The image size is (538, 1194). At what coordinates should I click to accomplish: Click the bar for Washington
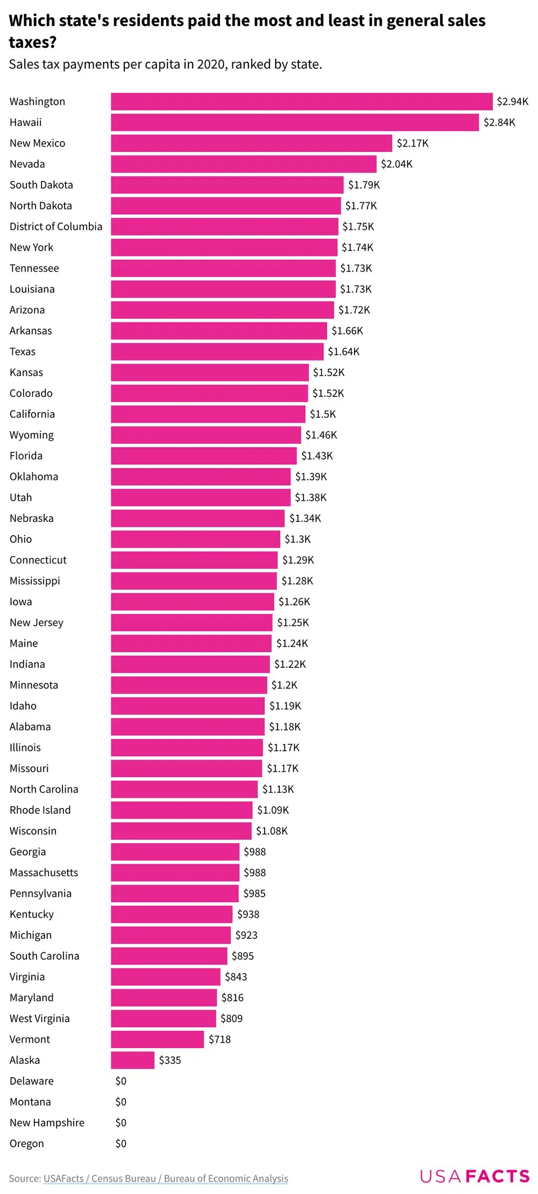click(301, 101)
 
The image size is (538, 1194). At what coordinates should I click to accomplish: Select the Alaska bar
click(132, 1060)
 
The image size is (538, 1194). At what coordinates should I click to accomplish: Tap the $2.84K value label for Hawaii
click(499, 122)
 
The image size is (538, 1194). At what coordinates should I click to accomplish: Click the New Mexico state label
click(37, 143)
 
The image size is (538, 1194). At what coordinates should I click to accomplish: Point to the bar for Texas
click(217, 352)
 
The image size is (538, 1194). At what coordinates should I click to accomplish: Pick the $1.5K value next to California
click(322, 414)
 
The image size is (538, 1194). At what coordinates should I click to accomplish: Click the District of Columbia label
click(55, 227)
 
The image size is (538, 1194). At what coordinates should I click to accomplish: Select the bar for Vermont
click(157, 1039)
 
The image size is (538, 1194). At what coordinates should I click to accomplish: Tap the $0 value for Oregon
click(121, 1143)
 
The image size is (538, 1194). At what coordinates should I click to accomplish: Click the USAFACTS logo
click(475, 1176)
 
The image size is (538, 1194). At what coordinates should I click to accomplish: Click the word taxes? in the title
click(33, 42)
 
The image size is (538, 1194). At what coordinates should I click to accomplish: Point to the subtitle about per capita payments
click(165, 65)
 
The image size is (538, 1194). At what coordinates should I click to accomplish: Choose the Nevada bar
click(243, 164)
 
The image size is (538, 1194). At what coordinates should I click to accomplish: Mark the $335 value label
click(169, 1060)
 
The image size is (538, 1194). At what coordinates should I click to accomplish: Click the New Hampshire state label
click(47, 1122)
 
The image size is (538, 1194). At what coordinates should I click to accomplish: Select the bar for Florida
click(203, 456)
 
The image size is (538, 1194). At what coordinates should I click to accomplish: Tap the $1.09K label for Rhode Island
click(273, 810)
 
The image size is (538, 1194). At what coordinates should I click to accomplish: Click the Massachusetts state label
click(44, 872)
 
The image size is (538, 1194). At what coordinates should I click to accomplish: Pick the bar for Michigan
click(171, 935)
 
